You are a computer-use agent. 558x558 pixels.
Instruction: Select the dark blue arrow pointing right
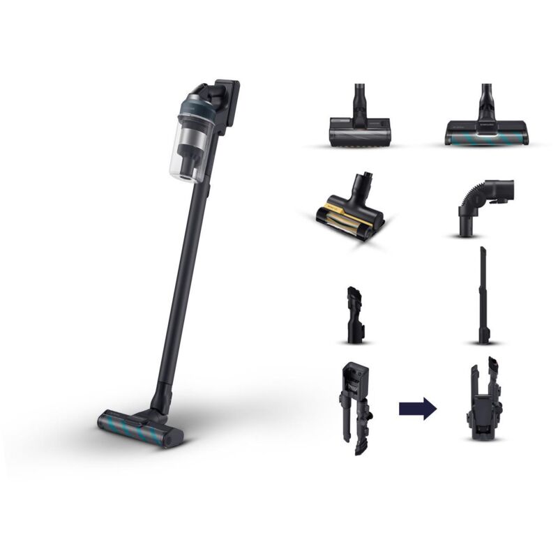(417, 408)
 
